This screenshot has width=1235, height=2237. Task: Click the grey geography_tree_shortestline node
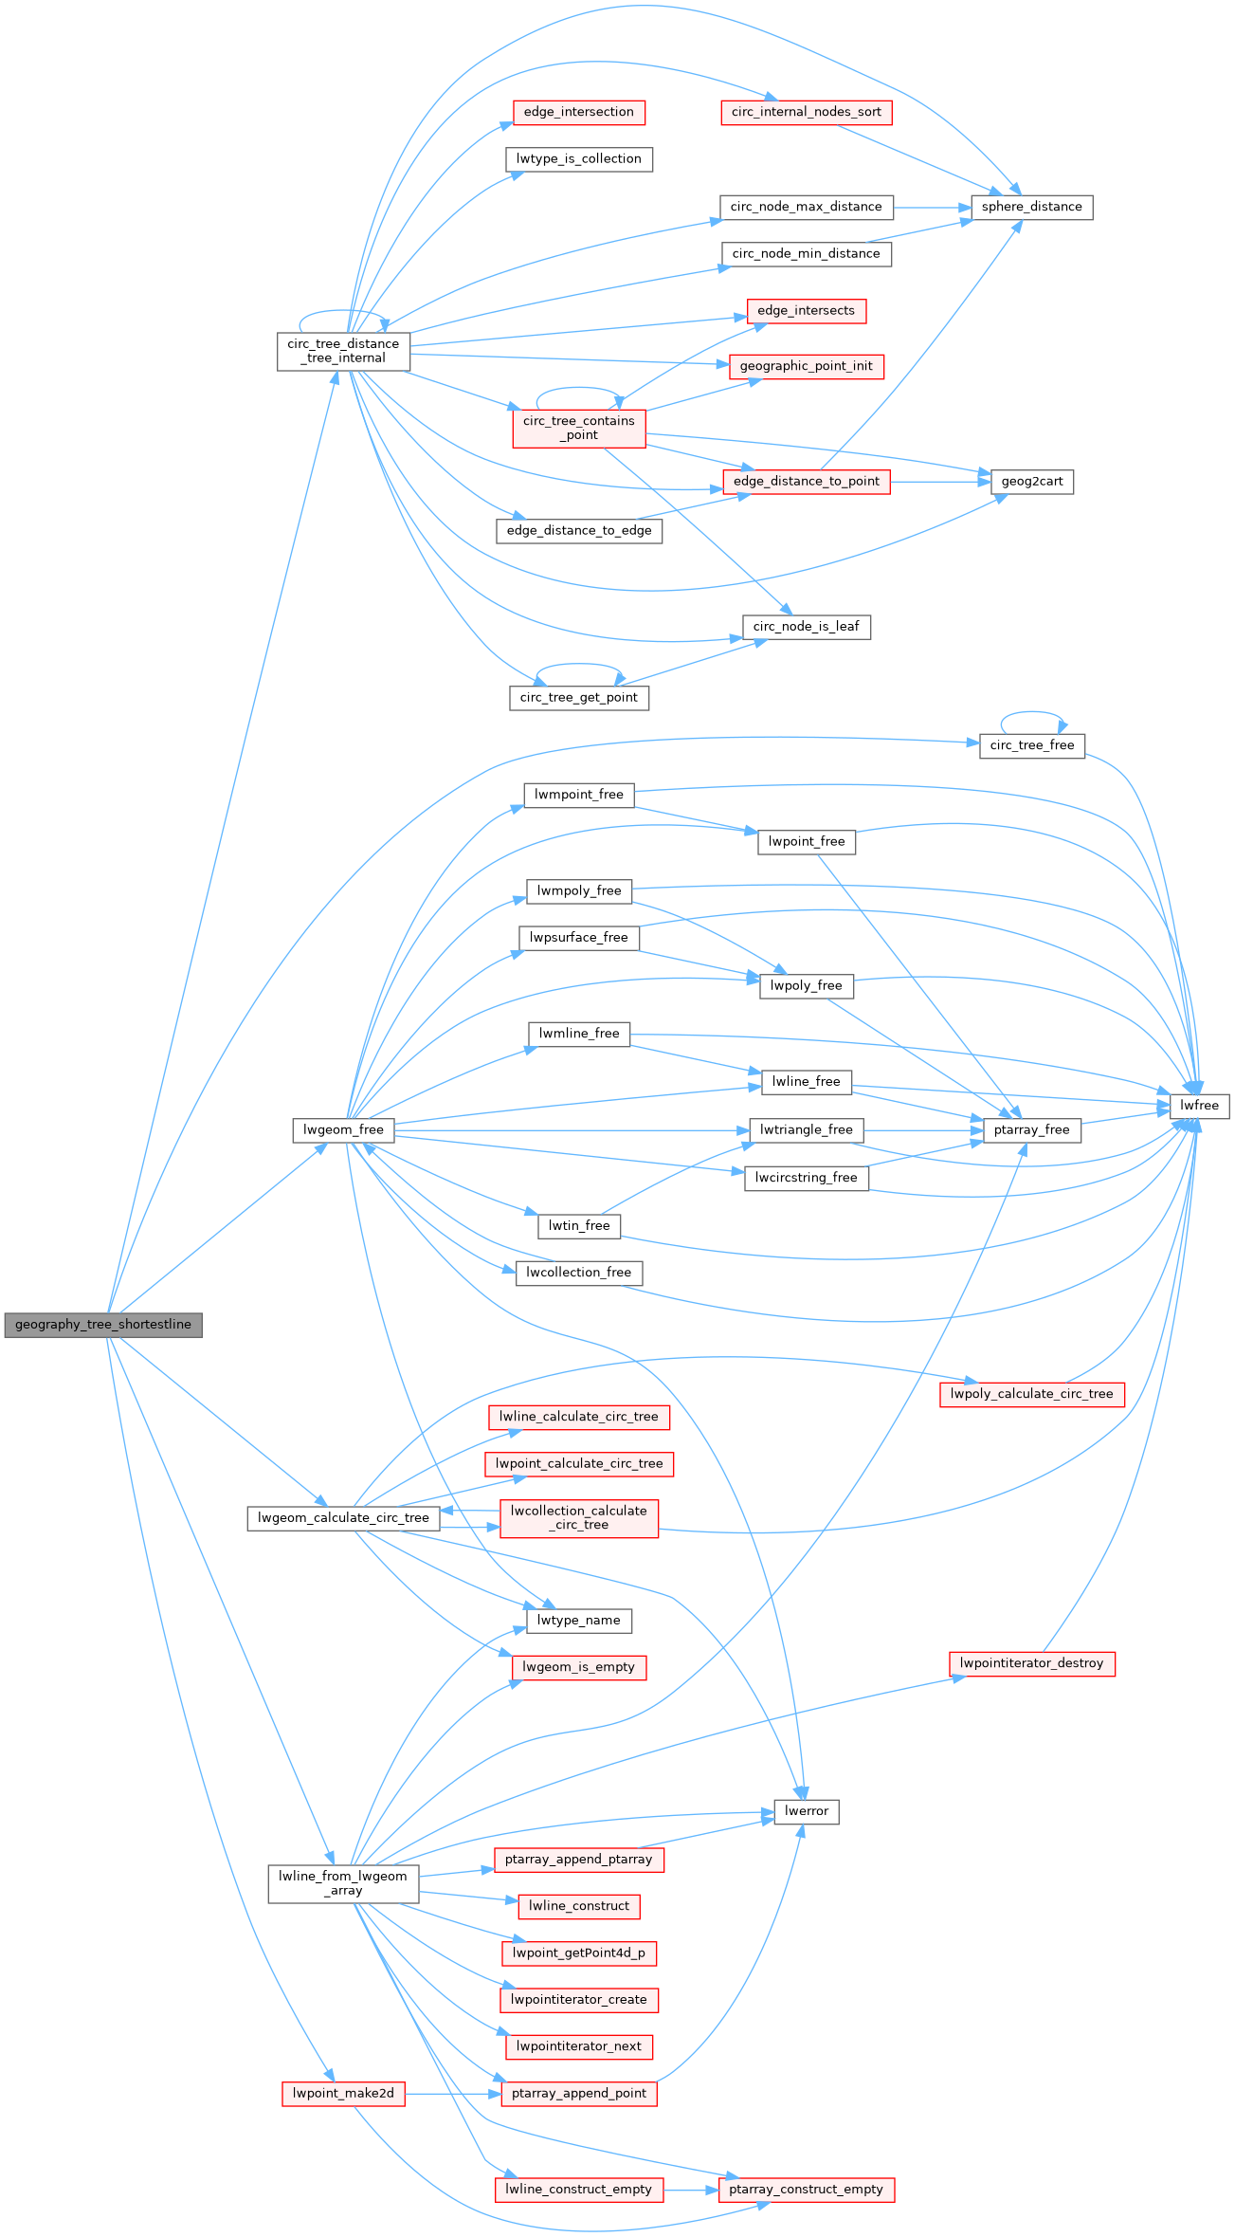coord(103,1325)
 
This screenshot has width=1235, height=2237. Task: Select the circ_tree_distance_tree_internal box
coord(343,351)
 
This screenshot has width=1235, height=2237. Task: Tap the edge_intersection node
coord(578,112)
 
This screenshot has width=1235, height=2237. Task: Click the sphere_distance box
coord(1031,207)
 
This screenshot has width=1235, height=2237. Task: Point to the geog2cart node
coord(1032,482)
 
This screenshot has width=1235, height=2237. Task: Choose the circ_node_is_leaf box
coord(806,627)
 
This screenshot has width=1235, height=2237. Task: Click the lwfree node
coord(1199,1106)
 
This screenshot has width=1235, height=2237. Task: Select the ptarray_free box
coord(1031,1129)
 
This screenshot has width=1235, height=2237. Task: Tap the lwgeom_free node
coord(343,1129)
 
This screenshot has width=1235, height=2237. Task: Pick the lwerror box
coord(806,1811)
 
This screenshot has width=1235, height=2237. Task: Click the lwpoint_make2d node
coord(343,2094)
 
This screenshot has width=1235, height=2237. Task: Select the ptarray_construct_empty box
coord(806,2190)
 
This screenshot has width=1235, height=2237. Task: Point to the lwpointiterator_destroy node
coord(1031,1663)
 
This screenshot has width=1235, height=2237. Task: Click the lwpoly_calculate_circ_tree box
coord(1031,1394)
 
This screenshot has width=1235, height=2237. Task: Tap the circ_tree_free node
coord(1031,745)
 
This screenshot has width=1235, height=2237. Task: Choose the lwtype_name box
coord(578,1621)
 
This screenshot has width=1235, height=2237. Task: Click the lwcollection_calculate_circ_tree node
coord(578,1518)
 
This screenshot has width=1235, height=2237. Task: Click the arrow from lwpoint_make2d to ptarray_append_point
coord(450,2094)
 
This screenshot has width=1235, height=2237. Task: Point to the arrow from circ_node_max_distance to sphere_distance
coord(931,207)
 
